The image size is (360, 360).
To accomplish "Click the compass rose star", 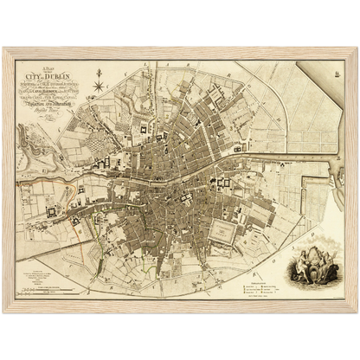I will pos(99,86).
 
